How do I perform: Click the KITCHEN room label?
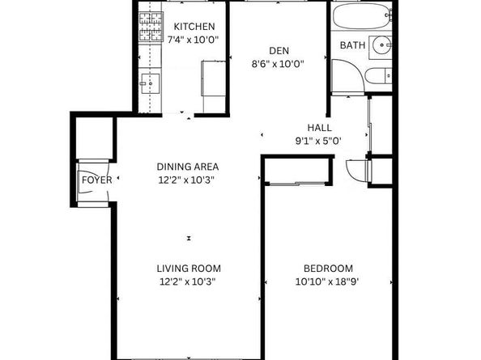pyautogui.click(x=194, y=26)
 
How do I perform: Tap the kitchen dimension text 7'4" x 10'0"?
pyautogui.click(x=194, y=39)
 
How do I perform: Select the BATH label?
pyautogui.click(x=352, y=45)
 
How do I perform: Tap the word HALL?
pyautogui.click(x=319, y=128)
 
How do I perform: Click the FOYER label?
pyautogui.click(x=96, y=180)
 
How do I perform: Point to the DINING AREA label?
pyautogui.click(x=188, y=167)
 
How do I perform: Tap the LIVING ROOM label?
pyautogui.click(x=188, y=269)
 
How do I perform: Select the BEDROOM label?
pyautogui.click(x=328, y=269)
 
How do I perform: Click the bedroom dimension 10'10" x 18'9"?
pyautogui.click(x=328, y=282)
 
